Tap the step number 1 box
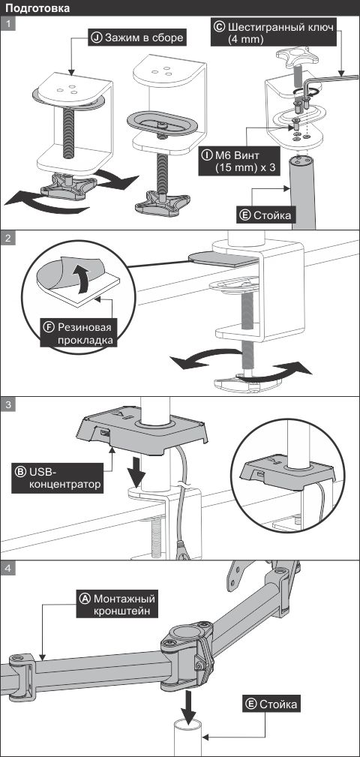click(x=8, y=24)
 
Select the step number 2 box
click(x=8, y=239)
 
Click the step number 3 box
click(x=8, y=404)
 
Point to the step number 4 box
click(x=8, y=568)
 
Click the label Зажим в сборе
click(x=137, y=38)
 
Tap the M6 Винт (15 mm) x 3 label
click(x=238, y=161)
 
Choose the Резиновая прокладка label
click(x=79, y=332)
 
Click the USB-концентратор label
click(x=58, y=478)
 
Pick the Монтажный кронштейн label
click(x=117, y=604)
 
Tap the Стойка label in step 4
click(x=271, y=704)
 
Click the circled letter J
click(x=97, y=38)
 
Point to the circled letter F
click(x=49, y=326)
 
